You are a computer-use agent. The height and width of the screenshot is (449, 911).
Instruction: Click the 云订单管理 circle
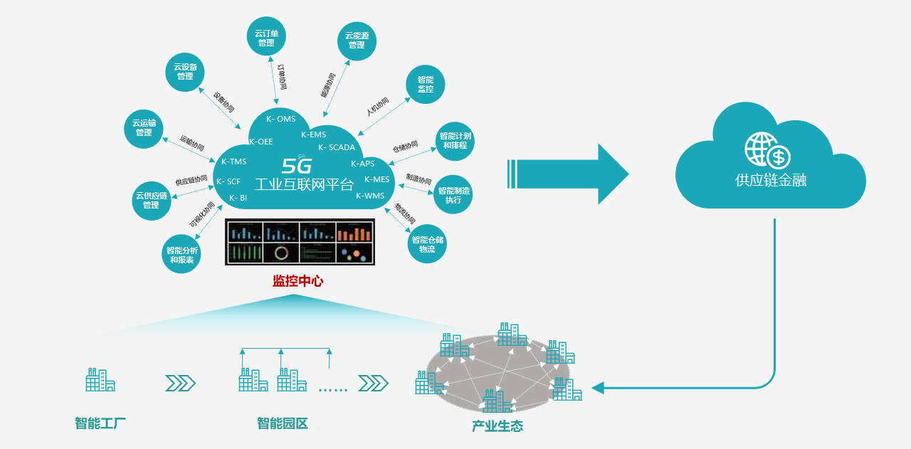click(266, 36)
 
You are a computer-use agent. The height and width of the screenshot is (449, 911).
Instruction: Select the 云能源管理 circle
click(357, 40)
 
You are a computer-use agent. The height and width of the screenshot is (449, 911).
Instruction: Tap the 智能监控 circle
click(426, 84)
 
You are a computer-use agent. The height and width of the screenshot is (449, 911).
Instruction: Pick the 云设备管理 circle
click(185, 71)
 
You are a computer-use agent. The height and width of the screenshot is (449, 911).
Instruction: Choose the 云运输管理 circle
click(144, 127)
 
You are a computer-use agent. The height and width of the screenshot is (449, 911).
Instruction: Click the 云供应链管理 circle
click(152, 200)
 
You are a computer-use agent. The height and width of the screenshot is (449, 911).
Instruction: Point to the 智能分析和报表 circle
click(181, 255)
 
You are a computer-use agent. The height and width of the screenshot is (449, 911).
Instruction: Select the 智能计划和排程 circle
click(455, 140)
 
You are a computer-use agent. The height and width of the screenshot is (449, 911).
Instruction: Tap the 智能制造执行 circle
click(453, 195)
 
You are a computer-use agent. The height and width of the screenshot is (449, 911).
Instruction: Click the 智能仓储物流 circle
click(427, 244)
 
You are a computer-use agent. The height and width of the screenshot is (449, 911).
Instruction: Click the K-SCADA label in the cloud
click(337, 148)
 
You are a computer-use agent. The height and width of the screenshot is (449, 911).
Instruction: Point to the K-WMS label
click(370, 196)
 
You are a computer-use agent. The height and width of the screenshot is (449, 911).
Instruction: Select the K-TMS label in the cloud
click(233, 162)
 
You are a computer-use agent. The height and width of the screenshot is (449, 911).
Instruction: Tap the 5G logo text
click(297, 165)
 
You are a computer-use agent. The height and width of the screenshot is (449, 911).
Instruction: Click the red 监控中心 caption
click(297, 281)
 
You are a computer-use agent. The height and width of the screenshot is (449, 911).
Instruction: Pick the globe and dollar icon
click(767, 150)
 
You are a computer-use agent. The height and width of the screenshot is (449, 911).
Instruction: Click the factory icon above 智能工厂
click(100, 381)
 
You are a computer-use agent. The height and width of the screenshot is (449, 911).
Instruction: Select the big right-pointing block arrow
click(569, 174)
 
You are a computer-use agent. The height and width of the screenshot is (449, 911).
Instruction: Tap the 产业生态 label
click(497, 426)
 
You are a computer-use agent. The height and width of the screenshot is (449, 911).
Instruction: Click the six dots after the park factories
click(332, 389)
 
